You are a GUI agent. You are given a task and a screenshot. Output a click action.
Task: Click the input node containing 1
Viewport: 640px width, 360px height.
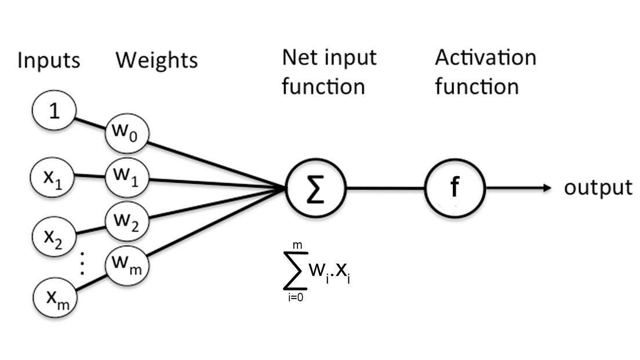[53, 112]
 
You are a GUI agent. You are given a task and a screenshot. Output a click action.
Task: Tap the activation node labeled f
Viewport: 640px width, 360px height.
[455, 188]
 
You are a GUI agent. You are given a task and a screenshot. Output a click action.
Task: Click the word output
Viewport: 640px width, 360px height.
[598, 188]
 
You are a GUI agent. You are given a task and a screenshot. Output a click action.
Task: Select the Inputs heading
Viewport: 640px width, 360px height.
[49, 60]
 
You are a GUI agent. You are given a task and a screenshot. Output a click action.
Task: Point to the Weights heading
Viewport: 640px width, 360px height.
[157, 60]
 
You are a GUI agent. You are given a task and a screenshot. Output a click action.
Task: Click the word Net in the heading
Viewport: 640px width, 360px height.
[297, 58]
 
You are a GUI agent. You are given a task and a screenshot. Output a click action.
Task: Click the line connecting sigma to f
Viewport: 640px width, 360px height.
[386, 188]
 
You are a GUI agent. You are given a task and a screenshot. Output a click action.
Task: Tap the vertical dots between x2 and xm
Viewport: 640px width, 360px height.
[81, 266]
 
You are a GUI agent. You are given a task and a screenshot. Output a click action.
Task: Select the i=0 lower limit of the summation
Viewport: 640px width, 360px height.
[294, 297]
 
